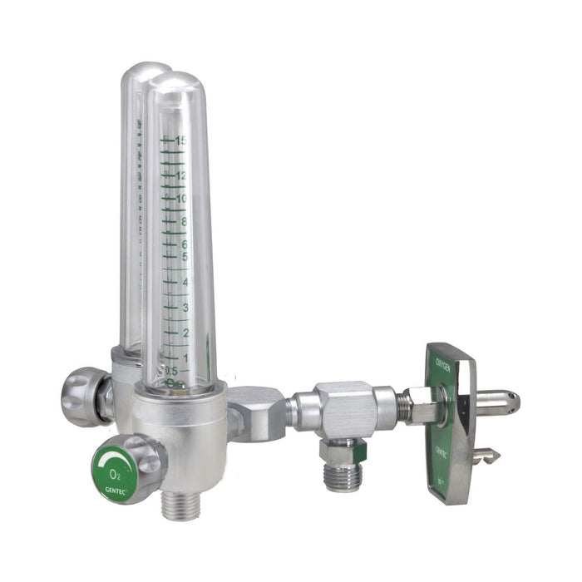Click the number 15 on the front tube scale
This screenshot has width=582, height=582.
tap(180, 141)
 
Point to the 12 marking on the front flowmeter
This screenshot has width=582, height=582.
tap(180, 175)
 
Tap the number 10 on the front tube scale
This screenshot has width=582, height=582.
tap(180, 199)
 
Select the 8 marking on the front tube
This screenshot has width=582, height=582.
tap(182, 222)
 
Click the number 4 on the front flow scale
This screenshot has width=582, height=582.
tap(184, 283)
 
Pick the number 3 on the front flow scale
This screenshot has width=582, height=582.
tap(184, 308)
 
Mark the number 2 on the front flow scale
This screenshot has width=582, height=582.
tap(184, 333)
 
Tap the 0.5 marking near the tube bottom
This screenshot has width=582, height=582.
tap(172, 371)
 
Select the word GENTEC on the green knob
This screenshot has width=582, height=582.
tap(115, 490)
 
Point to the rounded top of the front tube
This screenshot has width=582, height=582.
tap(175, 83)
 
